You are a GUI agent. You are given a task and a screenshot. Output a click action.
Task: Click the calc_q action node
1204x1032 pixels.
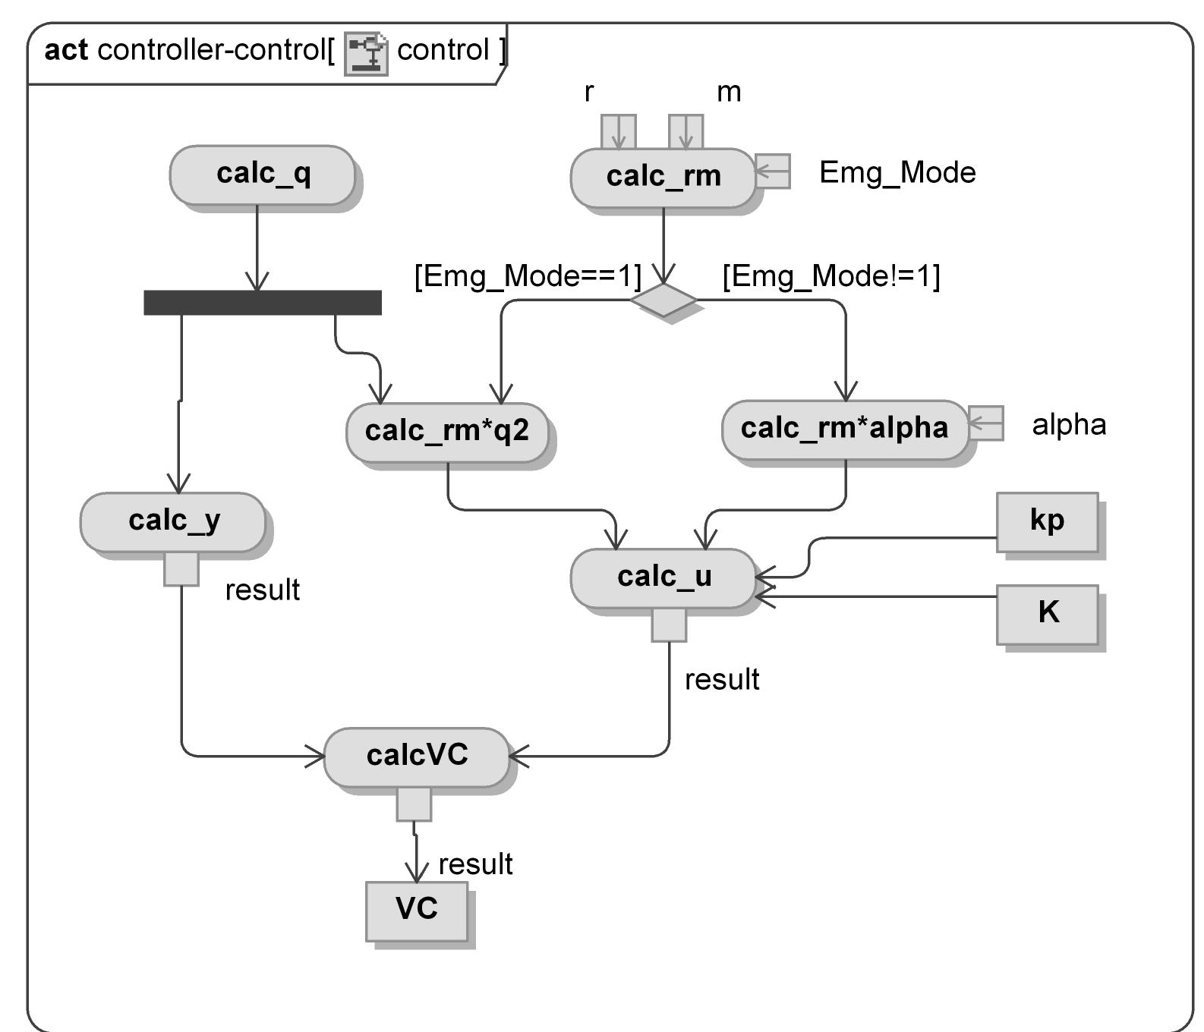coord(262,175)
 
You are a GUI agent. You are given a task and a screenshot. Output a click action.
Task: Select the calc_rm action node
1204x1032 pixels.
coord(663,177)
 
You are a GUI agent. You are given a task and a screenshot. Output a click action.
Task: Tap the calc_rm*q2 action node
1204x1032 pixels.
coord(447,431)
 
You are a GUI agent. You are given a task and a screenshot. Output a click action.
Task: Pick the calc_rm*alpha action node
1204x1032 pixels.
coord(844,429)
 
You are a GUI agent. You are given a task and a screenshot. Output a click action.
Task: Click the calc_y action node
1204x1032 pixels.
coord(173,521)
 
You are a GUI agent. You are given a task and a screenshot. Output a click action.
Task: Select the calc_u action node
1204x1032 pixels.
coord(663,577)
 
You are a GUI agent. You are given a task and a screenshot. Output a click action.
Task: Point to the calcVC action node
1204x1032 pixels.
coord(417,756)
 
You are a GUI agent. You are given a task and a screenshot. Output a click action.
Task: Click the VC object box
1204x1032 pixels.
coord(417,910)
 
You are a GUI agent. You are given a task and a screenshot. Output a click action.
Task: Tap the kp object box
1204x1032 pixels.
coord(1047,521)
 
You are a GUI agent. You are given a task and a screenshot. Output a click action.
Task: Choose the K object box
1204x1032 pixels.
coord(1047,613)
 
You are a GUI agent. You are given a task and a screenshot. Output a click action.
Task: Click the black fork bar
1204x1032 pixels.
coord(263,302)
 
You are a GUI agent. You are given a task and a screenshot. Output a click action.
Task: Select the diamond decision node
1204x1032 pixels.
coord(663,300)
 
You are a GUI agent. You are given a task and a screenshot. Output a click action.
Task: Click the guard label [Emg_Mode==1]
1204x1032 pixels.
coord(528,275)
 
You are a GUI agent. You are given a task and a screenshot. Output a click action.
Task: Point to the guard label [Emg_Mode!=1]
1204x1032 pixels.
coord(831,275)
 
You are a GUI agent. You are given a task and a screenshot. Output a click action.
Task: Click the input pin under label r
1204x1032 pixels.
coord(618,132)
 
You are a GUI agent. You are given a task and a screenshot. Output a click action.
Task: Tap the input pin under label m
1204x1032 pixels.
coord(686,132)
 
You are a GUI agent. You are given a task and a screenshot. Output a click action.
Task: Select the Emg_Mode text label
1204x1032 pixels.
coord(897,173)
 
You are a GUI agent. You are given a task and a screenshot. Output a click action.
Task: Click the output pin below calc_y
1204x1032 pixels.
coord(181,569)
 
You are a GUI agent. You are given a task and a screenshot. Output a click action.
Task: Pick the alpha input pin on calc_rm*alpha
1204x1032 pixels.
coord(986,423)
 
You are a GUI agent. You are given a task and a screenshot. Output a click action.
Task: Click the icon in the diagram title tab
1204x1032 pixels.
coord(366,53)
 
